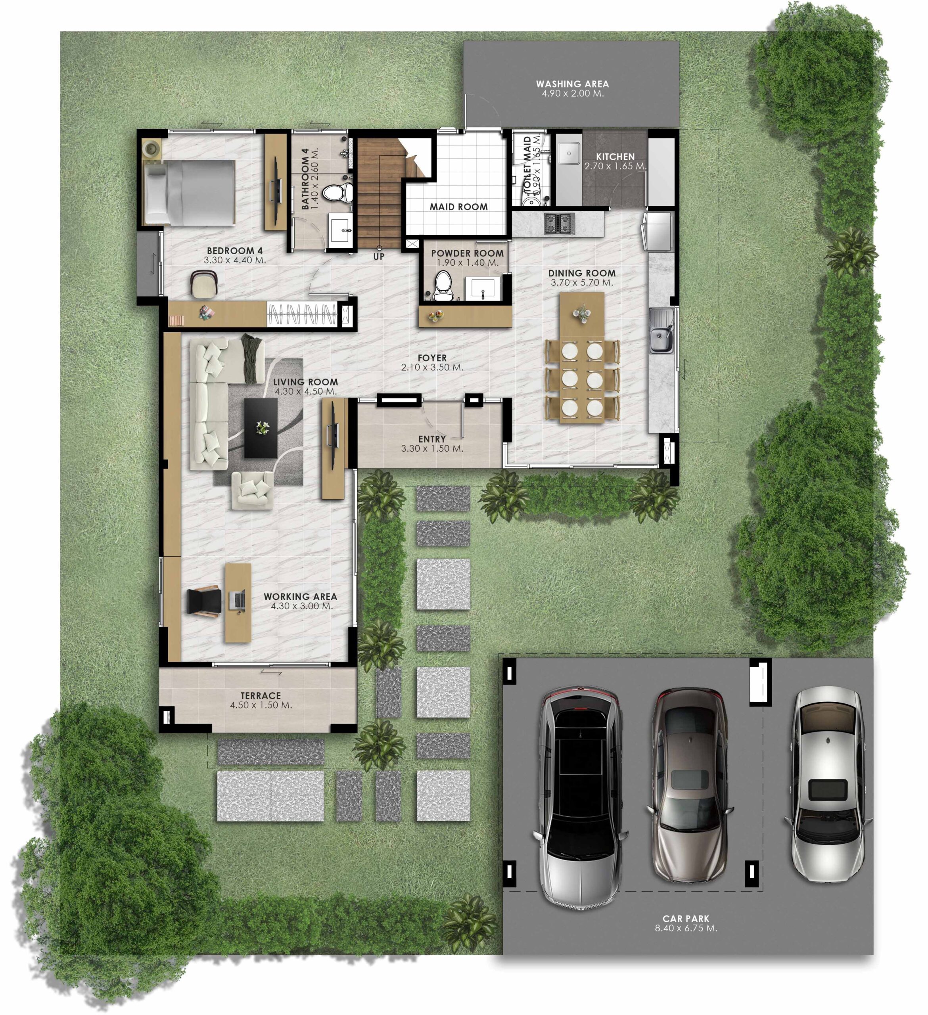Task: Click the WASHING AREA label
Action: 572,84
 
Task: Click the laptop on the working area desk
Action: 238,599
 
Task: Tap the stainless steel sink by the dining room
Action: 661,330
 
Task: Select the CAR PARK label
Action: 686,918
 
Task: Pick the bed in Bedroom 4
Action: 189,192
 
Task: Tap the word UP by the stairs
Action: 379,256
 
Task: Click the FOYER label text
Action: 432,358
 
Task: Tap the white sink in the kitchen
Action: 569,153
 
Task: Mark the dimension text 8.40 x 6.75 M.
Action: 686,928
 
